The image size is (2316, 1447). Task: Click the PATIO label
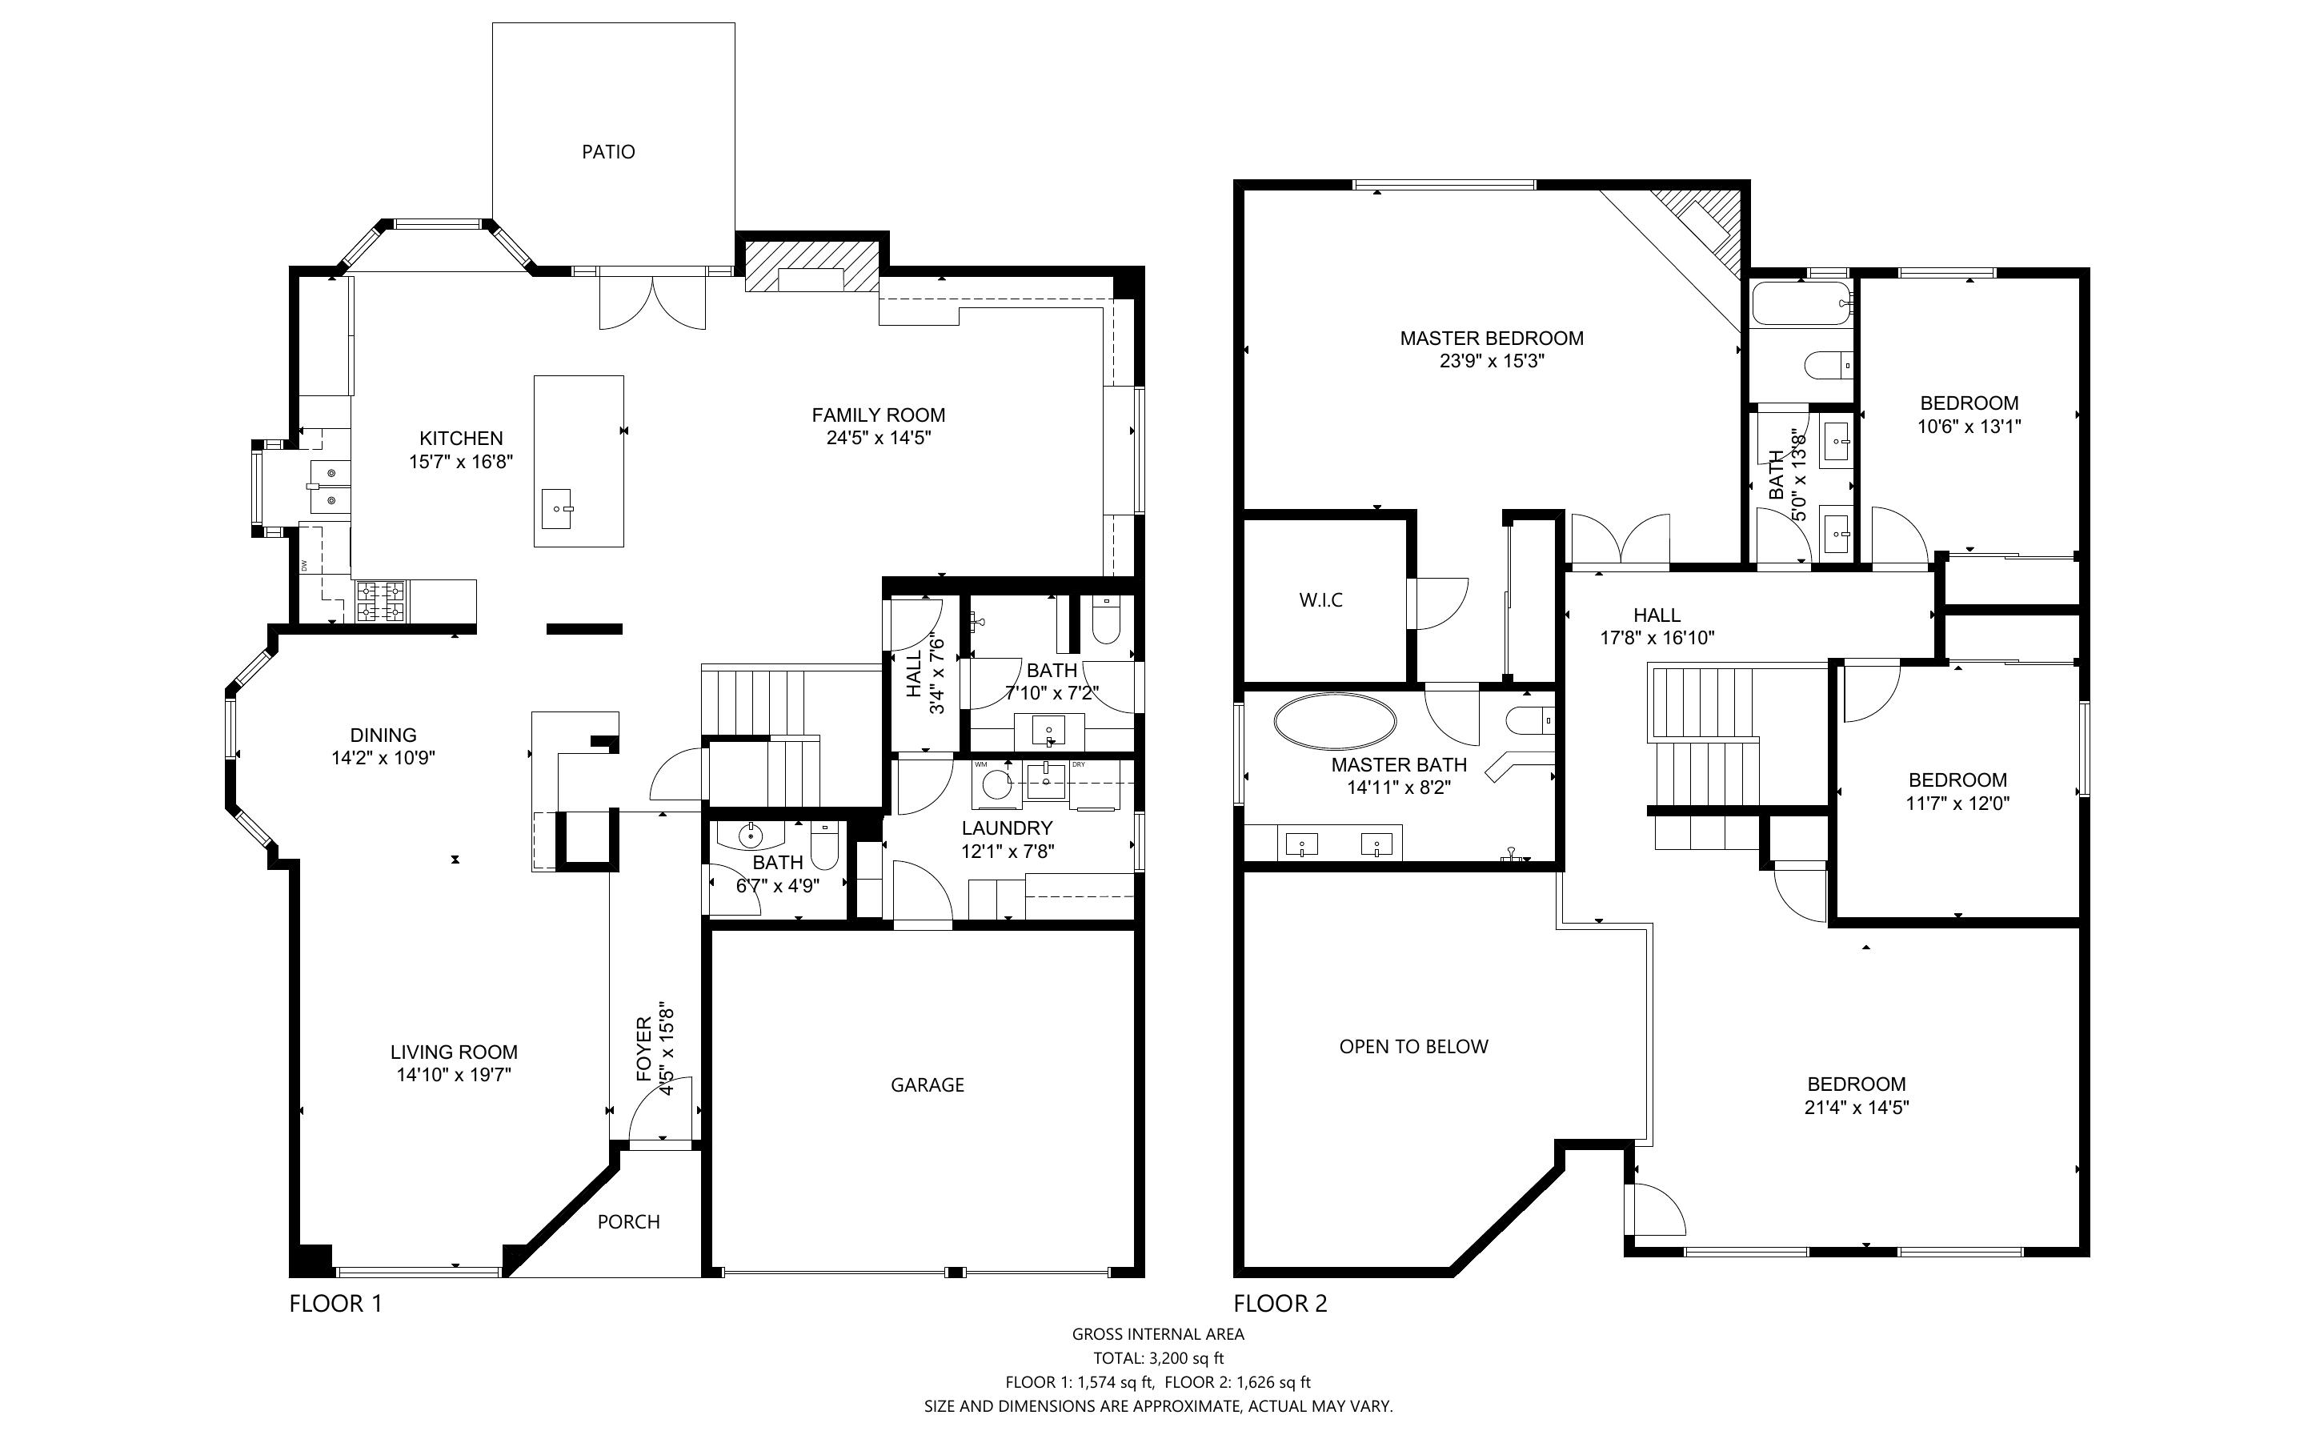click(608, 151)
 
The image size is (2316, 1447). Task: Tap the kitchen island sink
click(557, 508)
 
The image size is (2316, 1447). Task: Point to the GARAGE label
click(927, 1084)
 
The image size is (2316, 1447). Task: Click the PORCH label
click(628, 1222)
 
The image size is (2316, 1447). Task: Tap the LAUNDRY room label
click(1008, 828)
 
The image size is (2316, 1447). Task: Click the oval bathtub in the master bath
click(1333, 720)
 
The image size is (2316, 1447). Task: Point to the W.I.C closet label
click(1321, 600)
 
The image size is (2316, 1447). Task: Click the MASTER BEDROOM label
click(1492, 338)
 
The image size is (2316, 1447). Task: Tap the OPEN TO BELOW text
click(1414, 1047)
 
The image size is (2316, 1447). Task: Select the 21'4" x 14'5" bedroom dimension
click(1856, 1108)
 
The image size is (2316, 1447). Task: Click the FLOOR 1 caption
click(336, 1304)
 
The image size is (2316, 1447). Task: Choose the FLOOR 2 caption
click(1280, 1304)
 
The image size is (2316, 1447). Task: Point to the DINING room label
click(383, 735)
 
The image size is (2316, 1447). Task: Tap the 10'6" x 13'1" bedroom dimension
click(1969, 427)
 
